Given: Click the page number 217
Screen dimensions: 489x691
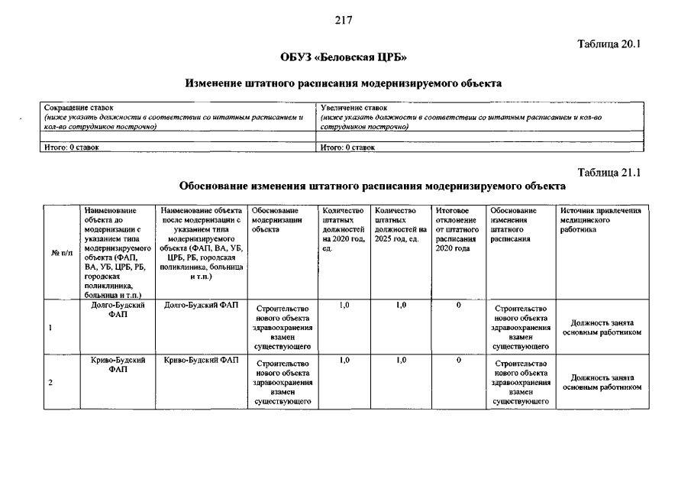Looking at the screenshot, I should point(343,21).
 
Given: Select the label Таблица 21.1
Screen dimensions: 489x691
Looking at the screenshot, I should point(610,173).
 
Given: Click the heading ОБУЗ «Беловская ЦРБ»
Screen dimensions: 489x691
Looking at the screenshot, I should point(343,58).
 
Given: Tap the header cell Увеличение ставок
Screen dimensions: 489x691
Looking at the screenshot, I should point(354,108).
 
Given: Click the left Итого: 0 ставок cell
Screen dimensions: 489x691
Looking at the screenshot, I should point(69,147).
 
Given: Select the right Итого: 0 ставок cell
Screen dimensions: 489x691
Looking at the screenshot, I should point(347,147).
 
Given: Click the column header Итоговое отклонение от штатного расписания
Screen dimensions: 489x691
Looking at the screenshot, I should point(456,229).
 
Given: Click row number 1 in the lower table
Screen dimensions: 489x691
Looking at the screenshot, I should point(50,329).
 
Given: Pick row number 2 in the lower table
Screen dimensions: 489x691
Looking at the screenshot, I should point(50,383).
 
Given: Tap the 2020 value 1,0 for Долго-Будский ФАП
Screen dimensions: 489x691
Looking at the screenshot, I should point(344,306).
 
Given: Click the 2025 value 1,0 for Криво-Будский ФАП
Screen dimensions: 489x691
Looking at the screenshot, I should point(401,360).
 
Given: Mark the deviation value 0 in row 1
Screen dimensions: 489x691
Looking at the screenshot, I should point(458,306).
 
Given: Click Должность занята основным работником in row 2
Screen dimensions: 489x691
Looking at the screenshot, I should point(602,382).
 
